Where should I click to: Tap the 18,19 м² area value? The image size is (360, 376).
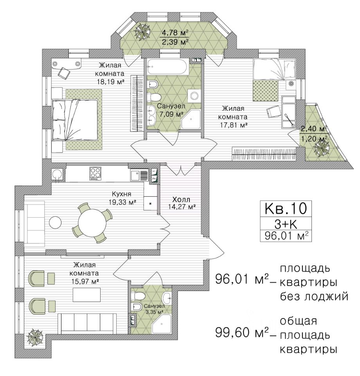click(111, 82)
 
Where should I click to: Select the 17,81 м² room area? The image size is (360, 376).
click(234, 125)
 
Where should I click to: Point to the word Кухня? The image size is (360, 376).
click(122, 194)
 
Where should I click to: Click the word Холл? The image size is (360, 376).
click(181, 199)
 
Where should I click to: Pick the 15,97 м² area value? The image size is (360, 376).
click(86, 282)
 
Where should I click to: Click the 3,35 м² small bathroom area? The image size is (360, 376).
click(155, 312)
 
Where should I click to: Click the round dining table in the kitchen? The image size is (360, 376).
click(92, 223)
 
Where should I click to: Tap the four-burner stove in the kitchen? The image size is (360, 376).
click(95, 174)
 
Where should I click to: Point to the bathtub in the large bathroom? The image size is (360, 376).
click(168, 67)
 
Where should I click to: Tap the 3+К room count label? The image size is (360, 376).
click(286, 224)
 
